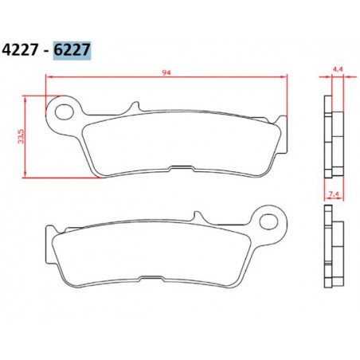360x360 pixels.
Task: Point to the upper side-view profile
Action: (330, 135)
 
